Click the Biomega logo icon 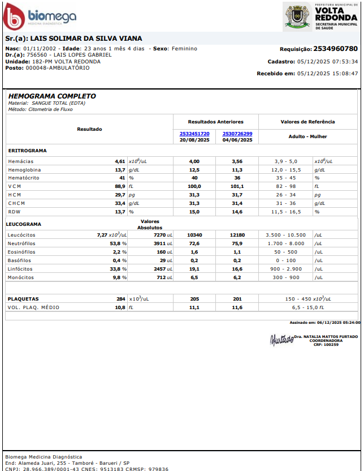tap(14, 17)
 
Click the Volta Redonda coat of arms tap(296, 16)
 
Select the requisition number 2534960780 tap(335, 49)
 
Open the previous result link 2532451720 tap(194, 134)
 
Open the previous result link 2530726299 tap(237, 134)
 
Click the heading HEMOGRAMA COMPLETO tap(52, 96)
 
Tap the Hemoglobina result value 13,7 tap(120, 170)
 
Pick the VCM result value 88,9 tap(120, 186)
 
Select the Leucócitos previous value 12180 tap(237, 234)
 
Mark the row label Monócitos tap(21, 277)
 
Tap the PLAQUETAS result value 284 tap(121, 298)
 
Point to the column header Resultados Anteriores tap(216, 122)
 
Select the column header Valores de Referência tap(307, 122)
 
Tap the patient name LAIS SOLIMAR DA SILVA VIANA tap(82, 38)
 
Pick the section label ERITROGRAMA tap(28, 151)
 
